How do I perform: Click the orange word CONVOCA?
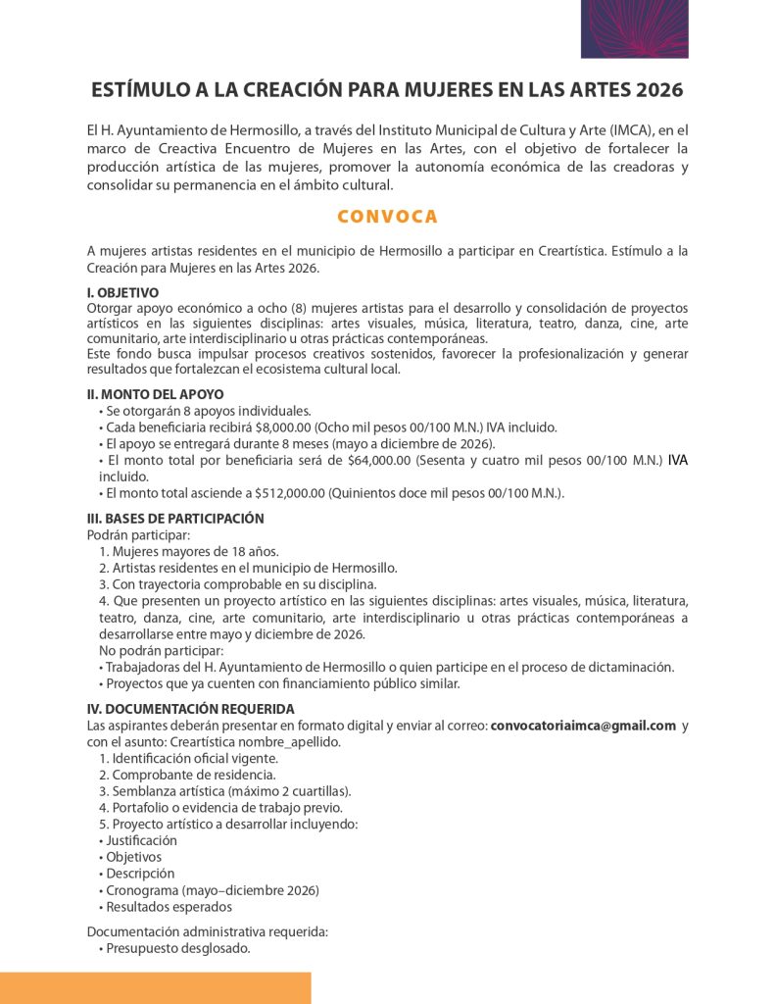point(387,217)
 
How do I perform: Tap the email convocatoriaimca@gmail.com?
point(583,726)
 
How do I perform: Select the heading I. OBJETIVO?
point(123,292)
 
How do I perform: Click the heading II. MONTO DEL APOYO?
point(155,394)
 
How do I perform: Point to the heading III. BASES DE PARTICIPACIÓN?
point(175,519)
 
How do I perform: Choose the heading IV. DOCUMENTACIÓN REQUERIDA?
point(190,709)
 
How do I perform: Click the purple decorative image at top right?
point(634,28)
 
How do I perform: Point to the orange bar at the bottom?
point(155,987)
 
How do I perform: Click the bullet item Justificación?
point(141,840)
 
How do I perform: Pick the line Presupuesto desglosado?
point(177,948)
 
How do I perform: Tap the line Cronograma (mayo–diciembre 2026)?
point(212,890)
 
